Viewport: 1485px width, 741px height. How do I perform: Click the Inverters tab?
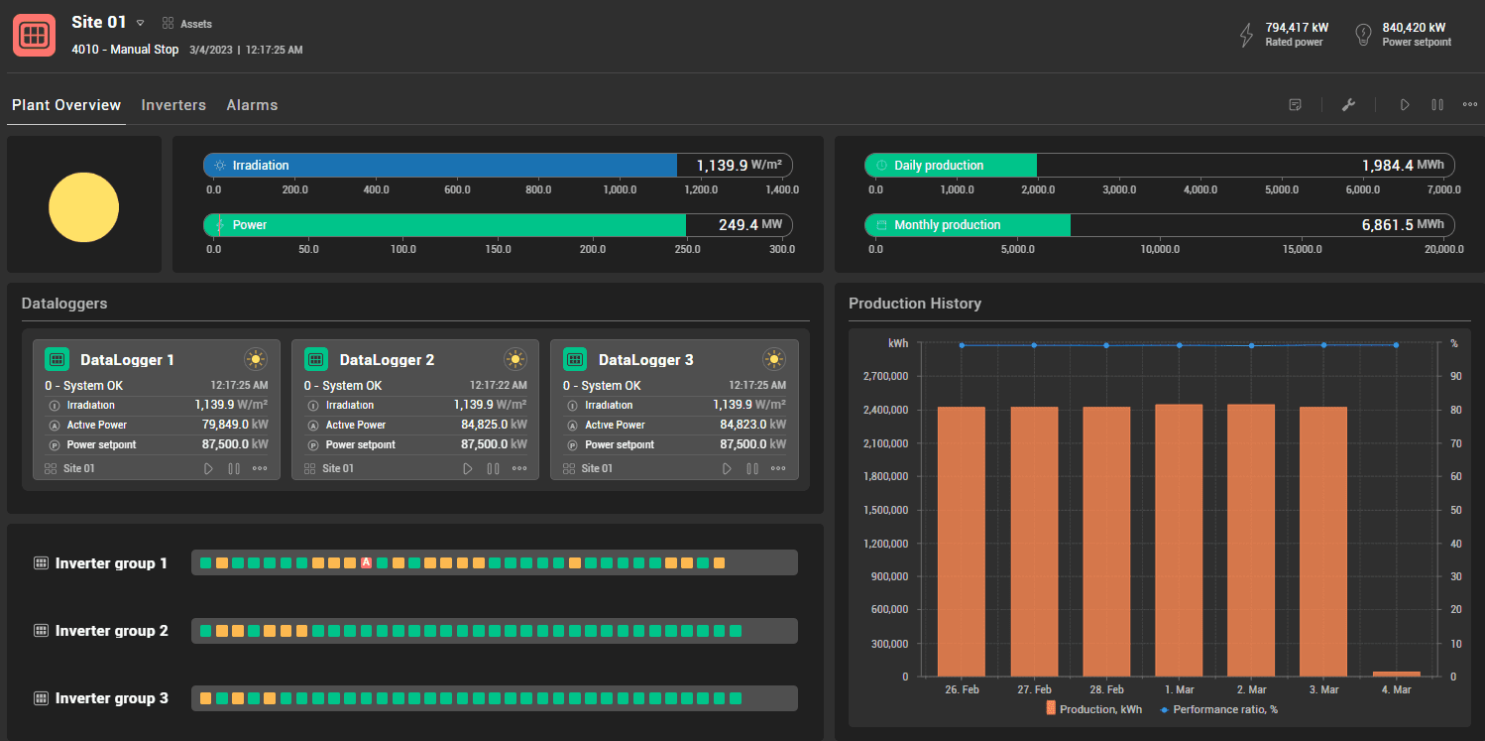point(173,105)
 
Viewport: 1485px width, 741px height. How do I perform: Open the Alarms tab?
point(252,105)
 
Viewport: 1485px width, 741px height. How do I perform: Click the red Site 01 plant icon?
point(34,35)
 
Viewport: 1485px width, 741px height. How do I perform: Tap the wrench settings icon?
point(1348,105)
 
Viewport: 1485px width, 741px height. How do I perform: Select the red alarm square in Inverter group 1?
point(366,563)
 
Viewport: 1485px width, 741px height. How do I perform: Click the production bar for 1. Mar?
point(1179,540)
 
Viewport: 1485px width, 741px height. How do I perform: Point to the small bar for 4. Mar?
point(1396,674)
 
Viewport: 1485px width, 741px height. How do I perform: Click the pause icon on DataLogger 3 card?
point(752,468)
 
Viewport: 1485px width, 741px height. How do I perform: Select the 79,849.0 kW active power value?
point(223,425)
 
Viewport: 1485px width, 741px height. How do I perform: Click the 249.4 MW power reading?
point(739,225)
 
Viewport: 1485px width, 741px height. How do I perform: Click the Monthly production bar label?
point(947,225)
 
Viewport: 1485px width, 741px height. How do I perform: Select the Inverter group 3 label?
point(111,698)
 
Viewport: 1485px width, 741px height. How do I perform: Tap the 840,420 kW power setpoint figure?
point(1414,28)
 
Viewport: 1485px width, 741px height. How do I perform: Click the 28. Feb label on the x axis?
point(1106,689)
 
